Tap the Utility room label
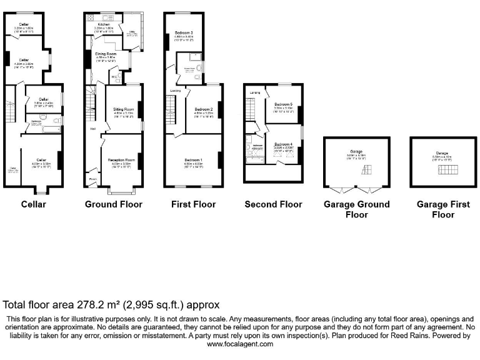[x=132, y=31]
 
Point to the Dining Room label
[x=106, y=54]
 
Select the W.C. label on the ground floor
[x=114, y=77]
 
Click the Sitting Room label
[x=123, y=109]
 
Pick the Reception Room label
[x=121, y=159]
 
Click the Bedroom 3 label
[x=184, y=32]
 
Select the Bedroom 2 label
[x=204, y=109]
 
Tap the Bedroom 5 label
[x=283, y=104]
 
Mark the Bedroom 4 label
[x=283, y=144]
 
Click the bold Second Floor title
[x=273, y=204]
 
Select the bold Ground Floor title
[x=113, y=204]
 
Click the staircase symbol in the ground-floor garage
[x=369, y=169]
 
